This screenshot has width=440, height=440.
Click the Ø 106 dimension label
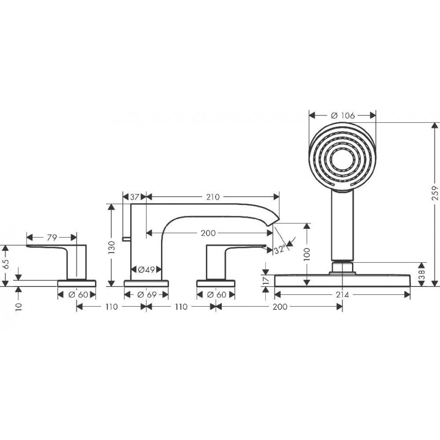[x=343, y=115]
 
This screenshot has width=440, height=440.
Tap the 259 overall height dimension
[x=435, y=193]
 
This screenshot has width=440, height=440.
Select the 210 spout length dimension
[x=213, y=197]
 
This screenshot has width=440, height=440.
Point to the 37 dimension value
[x=135, y=197]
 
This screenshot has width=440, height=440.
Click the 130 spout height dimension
[x=111, y=247]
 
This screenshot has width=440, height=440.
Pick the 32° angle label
[x=279, y=249]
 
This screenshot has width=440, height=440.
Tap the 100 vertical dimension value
[x=307, y=254]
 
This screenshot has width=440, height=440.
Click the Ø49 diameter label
[x=147, y=270]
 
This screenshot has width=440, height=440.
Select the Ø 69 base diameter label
[x=147, y=295]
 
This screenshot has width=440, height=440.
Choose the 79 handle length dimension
[x=52, y=237]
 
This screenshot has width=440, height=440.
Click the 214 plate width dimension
[x=343, y=295]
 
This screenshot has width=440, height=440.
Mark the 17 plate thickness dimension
[x=267, y=280]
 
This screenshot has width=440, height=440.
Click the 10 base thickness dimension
[x=19, y=307]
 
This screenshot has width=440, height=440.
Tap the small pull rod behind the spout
[x=126, y=239]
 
